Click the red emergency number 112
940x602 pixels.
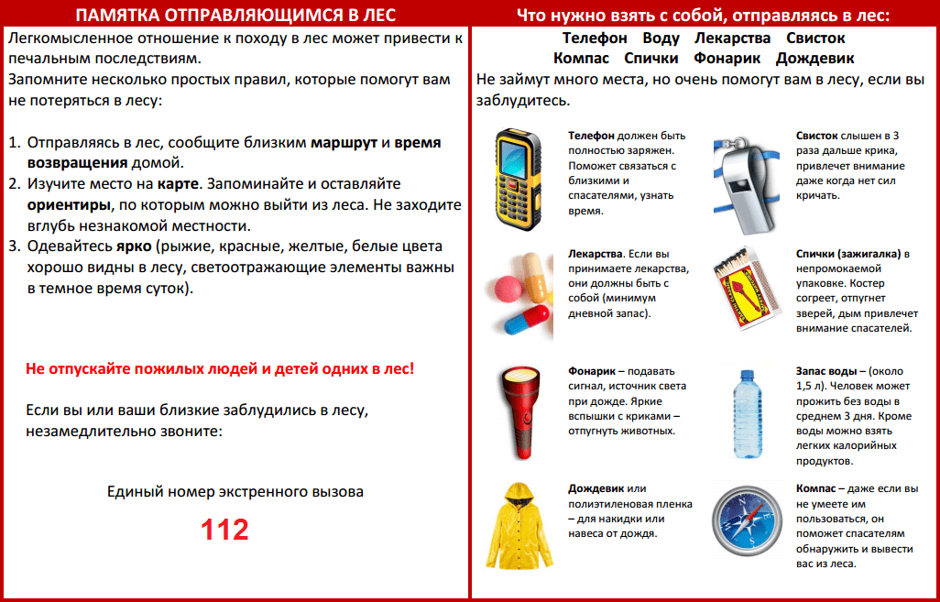[x=225, y=530]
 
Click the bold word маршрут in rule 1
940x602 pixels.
[x=344, y=144]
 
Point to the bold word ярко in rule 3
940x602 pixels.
[x=132, y=246]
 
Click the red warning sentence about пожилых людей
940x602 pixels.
[x=220, y=368]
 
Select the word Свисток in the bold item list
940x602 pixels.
[x=815, y=38]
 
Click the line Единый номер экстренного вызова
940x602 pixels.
[x=235, y=492]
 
